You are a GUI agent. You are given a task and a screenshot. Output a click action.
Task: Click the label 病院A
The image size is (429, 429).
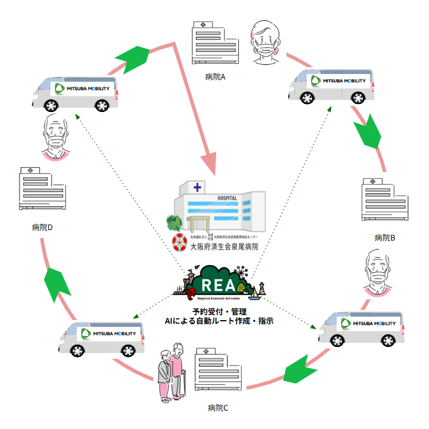tap(216, 78)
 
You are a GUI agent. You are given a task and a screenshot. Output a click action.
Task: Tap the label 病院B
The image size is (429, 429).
tap(384, 237)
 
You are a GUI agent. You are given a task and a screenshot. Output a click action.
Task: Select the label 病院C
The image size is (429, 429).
tap(218, 408)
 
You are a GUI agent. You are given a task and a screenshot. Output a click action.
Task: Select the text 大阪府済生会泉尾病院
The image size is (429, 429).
tap(224, 247)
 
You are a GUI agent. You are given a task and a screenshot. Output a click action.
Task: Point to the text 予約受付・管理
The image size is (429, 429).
tap(218, 311)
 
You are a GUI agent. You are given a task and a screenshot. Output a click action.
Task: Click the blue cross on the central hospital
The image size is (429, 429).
tap(198, 187)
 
